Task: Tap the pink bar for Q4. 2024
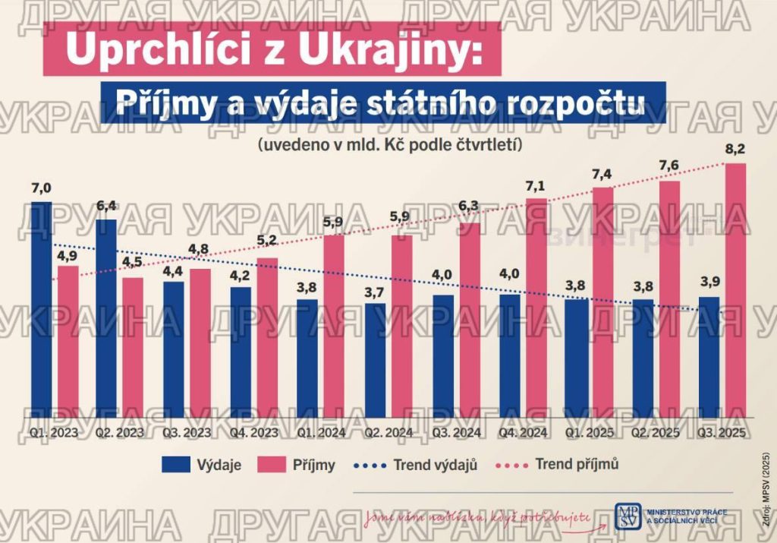(x=536, y=308)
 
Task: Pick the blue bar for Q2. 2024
(x=375, y=360)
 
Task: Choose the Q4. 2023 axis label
(x=254, y=432)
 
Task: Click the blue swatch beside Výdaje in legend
(x=176, y=465)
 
